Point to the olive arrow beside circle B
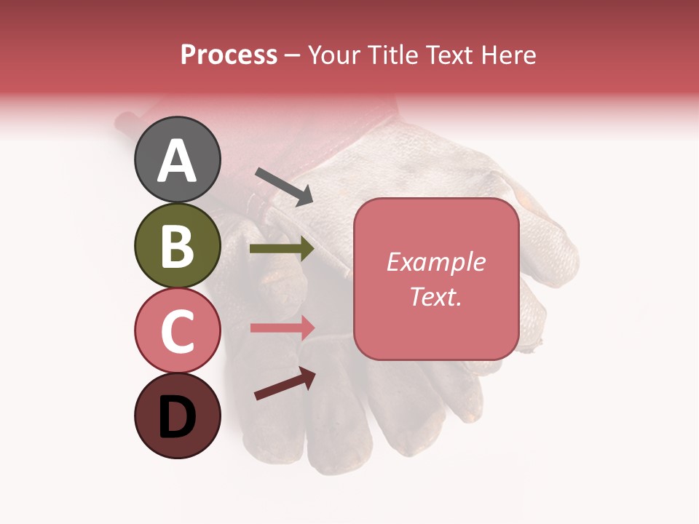point(282,249)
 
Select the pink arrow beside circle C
point(283,327)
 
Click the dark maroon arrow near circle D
point(285,384)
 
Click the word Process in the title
point(229,55)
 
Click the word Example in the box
point(435,262)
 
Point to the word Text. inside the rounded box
point(435,296)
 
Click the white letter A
point(177,161)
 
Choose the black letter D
point(177,418)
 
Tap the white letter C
point(177,331)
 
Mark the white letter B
point(177,246)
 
